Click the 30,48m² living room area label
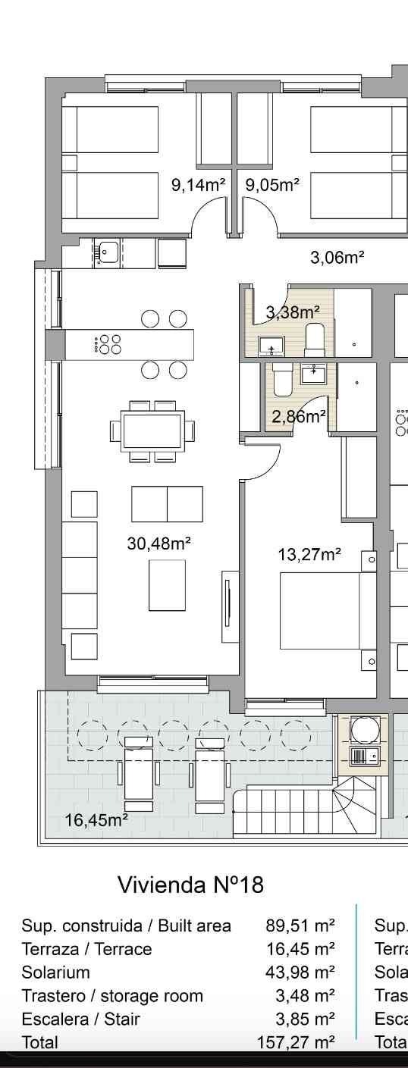pos(158,543)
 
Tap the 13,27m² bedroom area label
pos(309,555)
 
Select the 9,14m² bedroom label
pos(199,184)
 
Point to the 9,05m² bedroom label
pos(272,184)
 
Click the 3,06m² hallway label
pos(337,258)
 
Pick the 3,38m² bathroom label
pos(292,312)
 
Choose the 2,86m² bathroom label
pos(299,416)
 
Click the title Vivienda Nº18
pos(190,885)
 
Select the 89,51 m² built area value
pos(300,925)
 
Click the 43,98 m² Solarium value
pos(300,972)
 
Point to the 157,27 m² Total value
pos(296,1043)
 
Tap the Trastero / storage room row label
pos(112,996)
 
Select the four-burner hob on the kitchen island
pos(108,345)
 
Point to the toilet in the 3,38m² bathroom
pos(315,337)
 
